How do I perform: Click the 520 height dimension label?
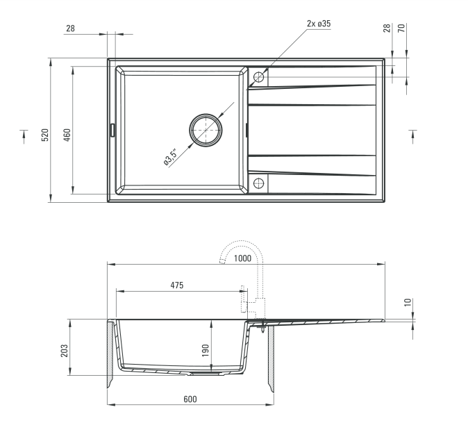point(44,135)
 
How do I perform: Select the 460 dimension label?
point(67,135)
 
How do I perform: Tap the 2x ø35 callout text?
point(319,24)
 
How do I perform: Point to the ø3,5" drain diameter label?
point(170,157)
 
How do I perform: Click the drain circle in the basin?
point(206,130)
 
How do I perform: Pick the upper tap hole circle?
point(258,77)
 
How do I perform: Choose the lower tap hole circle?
point(258,183)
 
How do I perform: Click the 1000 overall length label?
point(242,258)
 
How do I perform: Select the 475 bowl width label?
point(177,285)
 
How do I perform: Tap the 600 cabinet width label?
point(190,399)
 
